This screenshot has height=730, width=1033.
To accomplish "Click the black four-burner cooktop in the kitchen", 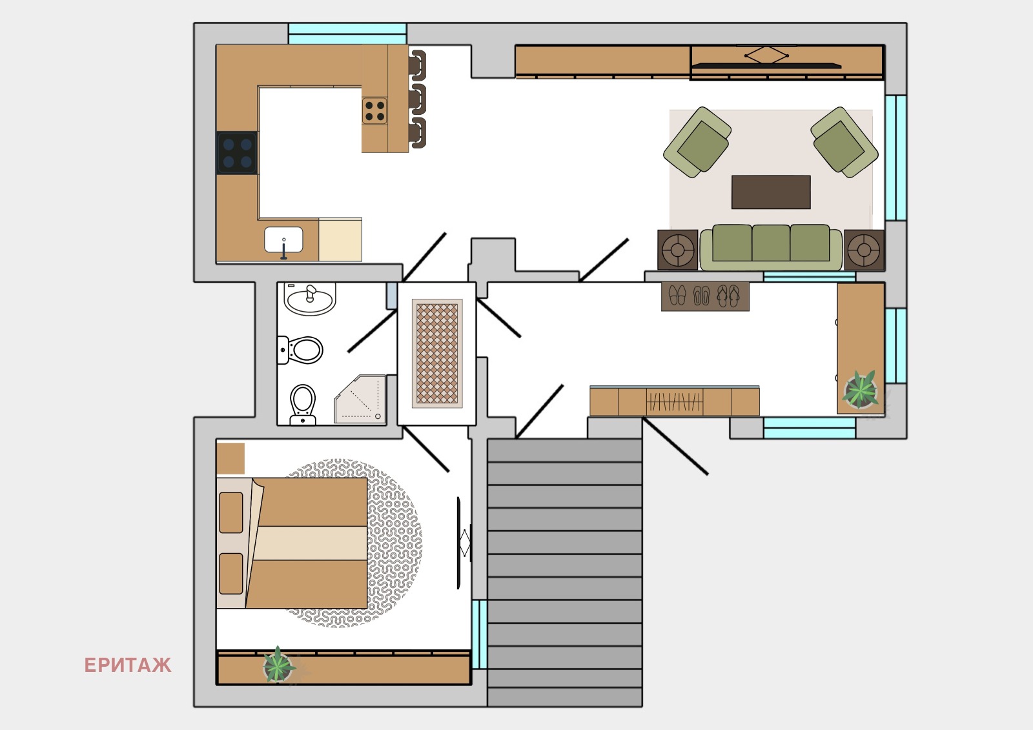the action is click(237, 152).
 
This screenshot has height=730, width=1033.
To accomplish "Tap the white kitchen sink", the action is click(283, 240).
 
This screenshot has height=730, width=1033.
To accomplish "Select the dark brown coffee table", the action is click(771, 192).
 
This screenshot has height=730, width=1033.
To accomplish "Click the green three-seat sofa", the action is click(771, 247).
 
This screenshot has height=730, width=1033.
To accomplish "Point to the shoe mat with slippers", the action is click(705, 296).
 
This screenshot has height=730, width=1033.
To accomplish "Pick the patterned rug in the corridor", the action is click(437, 353).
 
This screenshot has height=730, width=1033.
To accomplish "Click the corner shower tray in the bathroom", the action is click(360, 399).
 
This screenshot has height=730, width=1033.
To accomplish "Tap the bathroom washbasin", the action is click(309, 299).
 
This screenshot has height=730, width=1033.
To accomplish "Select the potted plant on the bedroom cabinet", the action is click(278, 665).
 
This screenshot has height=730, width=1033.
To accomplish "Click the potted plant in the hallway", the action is click(860, 390).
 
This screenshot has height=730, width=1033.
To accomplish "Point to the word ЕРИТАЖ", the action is click(128, 665).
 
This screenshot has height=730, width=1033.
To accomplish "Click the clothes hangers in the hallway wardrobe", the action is click(675, 401).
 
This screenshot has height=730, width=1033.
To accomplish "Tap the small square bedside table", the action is click(230, 458).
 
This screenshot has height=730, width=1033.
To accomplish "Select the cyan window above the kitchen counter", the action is click(347, 34).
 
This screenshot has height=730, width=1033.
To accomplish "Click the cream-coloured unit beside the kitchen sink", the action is click(340, 240).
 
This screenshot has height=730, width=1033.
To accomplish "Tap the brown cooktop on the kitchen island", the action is click(374, 110).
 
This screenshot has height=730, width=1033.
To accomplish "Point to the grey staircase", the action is click(565, 573).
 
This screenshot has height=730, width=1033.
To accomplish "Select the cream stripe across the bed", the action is click(311, 543).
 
